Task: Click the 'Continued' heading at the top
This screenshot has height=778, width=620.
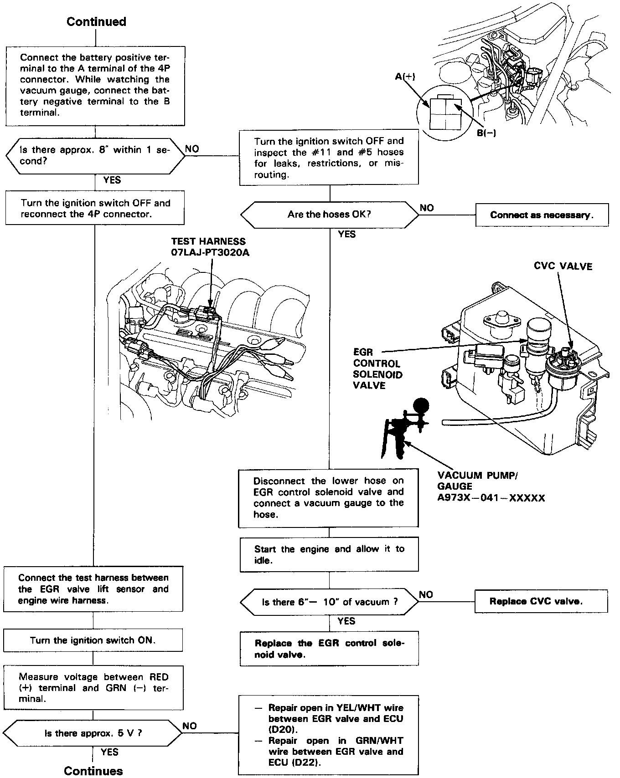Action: [x=96, y=22]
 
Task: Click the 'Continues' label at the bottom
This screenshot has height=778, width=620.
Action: [x=93, y=771]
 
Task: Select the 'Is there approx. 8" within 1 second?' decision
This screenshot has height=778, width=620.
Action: [x=95, y=156]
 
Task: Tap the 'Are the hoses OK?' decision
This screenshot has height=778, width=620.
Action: [x=329, y=215]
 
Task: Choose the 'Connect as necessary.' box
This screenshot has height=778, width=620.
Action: [x=542, y=215]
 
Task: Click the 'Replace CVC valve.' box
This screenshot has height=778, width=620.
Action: [x=541, y=601]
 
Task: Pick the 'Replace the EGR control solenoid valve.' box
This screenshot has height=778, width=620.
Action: [x=329, y=649]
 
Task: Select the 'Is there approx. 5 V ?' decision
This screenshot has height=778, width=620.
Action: [x=93, y=733]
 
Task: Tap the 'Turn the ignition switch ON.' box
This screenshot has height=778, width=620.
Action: [x=93, y=640]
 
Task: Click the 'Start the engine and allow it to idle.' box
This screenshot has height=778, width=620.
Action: [x=329, y=554]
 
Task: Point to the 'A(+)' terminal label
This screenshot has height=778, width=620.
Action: [x=405, y=77]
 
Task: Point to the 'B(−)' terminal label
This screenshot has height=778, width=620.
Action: [x=486, y=133]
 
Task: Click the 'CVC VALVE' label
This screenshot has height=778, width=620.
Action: [x=563, y=266]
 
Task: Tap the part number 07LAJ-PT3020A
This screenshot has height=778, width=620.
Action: [x=210, y=252]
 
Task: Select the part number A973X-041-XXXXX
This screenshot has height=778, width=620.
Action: [x=491, y=498]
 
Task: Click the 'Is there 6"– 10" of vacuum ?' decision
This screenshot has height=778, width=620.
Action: [x=329, y=602]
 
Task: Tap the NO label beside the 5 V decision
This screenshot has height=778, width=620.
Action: [x=190, y=726]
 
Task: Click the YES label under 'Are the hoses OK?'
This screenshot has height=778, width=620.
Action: [x=346, y=234]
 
